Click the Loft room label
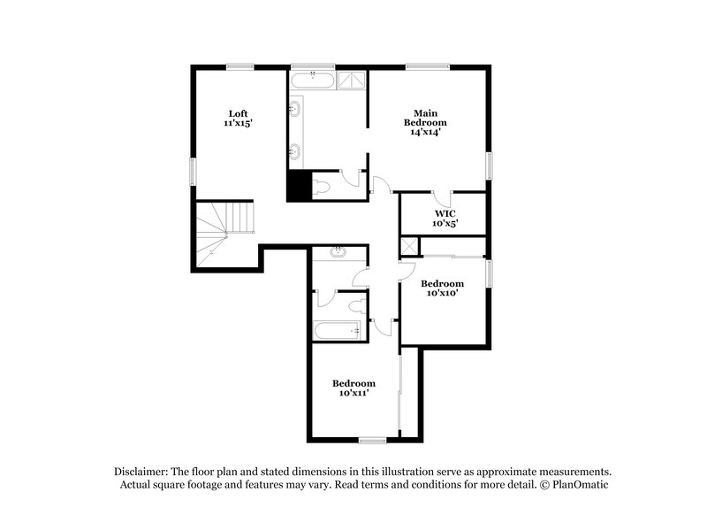238,112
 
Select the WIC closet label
444,213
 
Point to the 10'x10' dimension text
442,294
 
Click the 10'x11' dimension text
353,393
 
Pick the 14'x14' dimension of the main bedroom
425,132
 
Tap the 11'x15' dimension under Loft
238,124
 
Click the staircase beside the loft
224,231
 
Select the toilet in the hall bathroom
356,306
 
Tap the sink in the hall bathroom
337,253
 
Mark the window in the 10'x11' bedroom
372,440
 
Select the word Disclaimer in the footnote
141,472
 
